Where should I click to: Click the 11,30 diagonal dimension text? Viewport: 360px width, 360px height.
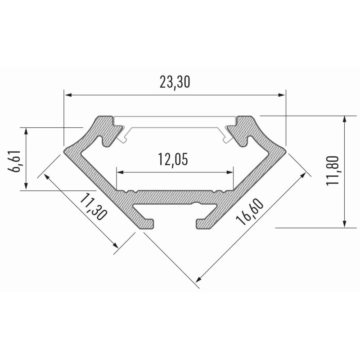click(x=94, y=207)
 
